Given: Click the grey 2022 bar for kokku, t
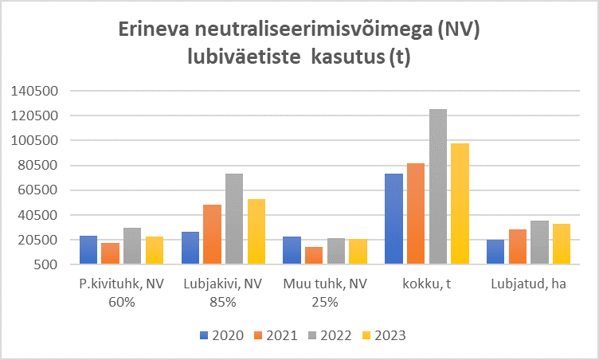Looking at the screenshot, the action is tap(438, 186).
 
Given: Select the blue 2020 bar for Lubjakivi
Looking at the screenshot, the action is tap(190, 248).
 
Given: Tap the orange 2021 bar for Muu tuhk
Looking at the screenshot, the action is tap(314, 256).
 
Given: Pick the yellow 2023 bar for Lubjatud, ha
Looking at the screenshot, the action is tap(562, 244).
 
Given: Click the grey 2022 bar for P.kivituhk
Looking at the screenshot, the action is tap(132, 246).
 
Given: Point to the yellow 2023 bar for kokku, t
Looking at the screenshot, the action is tap(460, 204).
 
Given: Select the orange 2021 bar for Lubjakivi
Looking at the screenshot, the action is tap(212, 234).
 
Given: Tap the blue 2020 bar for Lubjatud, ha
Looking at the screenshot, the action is tap(495, 252).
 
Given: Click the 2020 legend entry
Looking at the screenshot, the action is tap(221, 335).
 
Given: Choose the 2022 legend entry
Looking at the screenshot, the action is tap(330, 335).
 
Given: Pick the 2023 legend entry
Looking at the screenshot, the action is tap(384, 335).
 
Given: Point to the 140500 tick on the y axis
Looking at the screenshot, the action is tap(35, 91).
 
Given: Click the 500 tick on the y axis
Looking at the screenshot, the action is tap(45, 264).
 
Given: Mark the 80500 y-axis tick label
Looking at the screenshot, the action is tap(38, 166).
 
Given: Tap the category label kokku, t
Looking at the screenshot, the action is tap(427, 284).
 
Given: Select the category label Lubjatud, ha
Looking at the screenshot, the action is tap(528, 284).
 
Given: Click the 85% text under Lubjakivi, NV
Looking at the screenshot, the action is tap(223, 303).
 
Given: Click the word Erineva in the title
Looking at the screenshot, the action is tap(154, 29).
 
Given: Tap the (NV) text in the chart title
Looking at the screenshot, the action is tap(459, 29).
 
